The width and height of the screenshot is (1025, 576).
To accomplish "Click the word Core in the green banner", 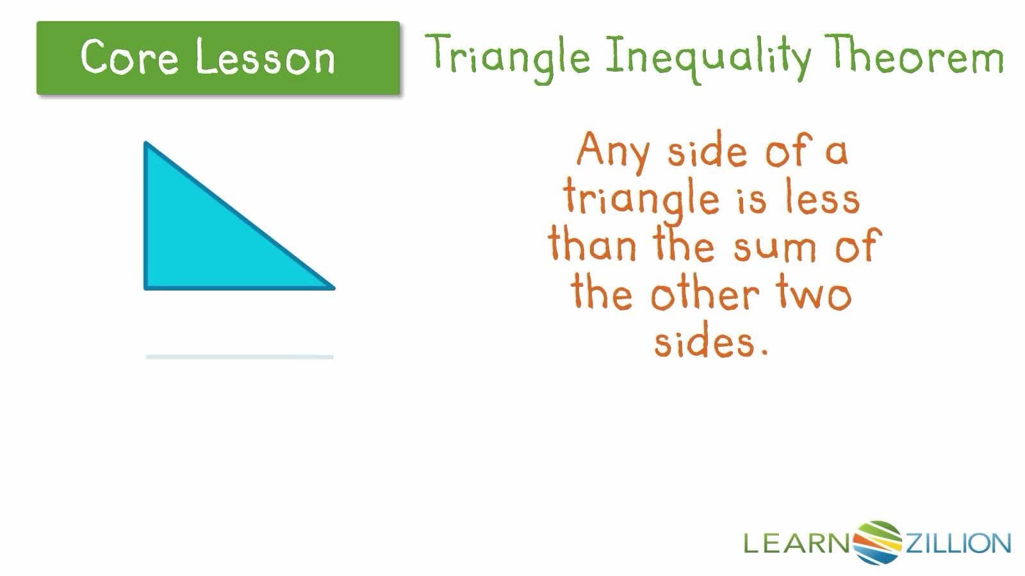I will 129,58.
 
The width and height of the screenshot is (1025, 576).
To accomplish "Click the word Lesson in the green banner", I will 265,58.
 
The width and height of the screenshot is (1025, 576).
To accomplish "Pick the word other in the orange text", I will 705,294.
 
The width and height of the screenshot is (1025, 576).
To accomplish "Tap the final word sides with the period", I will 710,342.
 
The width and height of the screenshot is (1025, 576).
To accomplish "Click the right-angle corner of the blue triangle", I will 147,287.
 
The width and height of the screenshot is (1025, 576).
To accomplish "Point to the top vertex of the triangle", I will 147,144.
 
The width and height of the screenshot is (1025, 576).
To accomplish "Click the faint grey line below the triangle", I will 240,356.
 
